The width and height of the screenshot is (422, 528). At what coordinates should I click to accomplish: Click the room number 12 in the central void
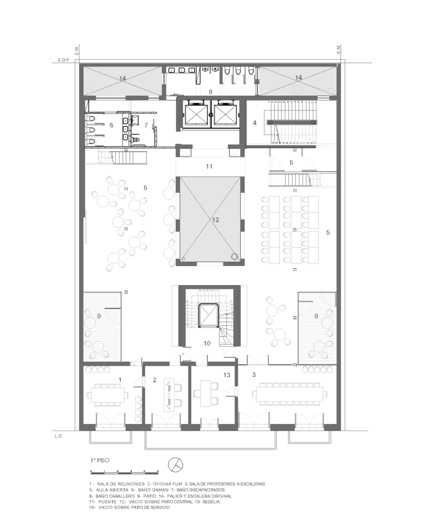(x=215, y=220)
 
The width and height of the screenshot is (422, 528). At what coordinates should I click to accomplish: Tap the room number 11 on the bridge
(x=209, y=167)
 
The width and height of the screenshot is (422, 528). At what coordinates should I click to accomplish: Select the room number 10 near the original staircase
(x=207, y=343)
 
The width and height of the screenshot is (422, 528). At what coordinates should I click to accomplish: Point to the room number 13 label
(x=227, y=375)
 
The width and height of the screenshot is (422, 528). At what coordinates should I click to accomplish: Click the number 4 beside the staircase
(x=255, y=123)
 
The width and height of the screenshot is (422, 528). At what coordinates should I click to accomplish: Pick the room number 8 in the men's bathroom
(x=211, y=92)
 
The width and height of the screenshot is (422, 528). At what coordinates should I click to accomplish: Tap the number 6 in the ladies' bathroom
(x=111, y=125)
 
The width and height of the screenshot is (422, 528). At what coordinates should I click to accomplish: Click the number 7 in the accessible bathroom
(x=146, y=125)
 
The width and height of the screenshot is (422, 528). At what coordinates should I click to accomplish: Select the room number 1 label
(x=120, y=379)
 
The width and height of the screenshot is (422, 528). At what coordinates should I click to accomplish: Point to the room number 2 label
(x=155, y=380)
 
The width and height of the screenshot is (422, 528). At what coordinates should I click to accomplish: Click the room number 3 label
(x=254, y=374)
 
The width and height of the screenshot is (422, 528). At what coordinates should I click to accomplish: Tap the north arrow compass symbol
(x=175, y=465)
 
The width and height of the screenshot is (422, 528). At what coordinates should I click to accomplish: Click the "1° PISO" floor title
(x=99, y=460)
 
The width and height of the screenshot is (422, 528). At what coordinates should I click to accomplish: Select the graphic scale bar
(x=125, y=471)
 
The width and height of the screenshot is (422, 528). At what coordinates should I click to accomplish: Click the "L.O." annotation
(x=59, y=436)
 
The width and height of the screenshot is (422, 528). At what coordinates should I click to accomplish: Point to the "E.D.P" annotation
(x=63, y=60)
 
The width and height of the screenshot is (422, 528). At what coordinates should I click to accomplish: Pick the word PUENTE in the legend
(x=107, y=502)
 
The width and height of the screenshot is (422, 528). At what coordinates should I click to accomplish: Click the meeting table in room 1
(x=108, y=394)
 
